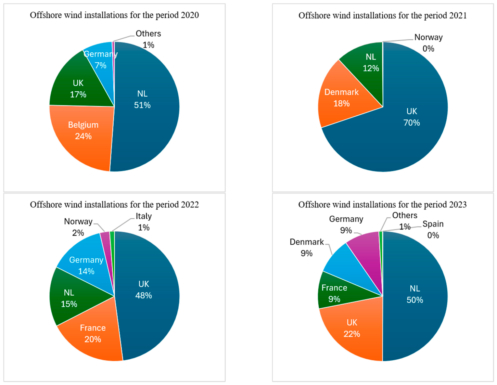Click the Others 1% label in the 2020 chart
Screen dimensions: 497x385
(x=148, y=39)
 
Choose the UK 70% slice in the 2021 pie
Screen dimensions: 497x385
(x=403, y=128)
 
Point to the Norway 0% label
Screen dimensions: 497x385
(x=429, y=43)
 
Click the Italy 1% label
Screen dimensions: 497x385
(x=144, y=222)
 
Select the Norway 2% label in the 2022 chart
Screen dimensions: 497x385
(x=78, y=227)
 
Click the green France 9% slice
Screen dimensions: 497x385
(x=336, y=293)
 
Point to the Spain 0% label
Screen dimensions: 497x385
(x=433, y=230)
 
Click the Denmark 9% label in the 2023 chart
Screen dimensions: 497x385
(x=307, y=247)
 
